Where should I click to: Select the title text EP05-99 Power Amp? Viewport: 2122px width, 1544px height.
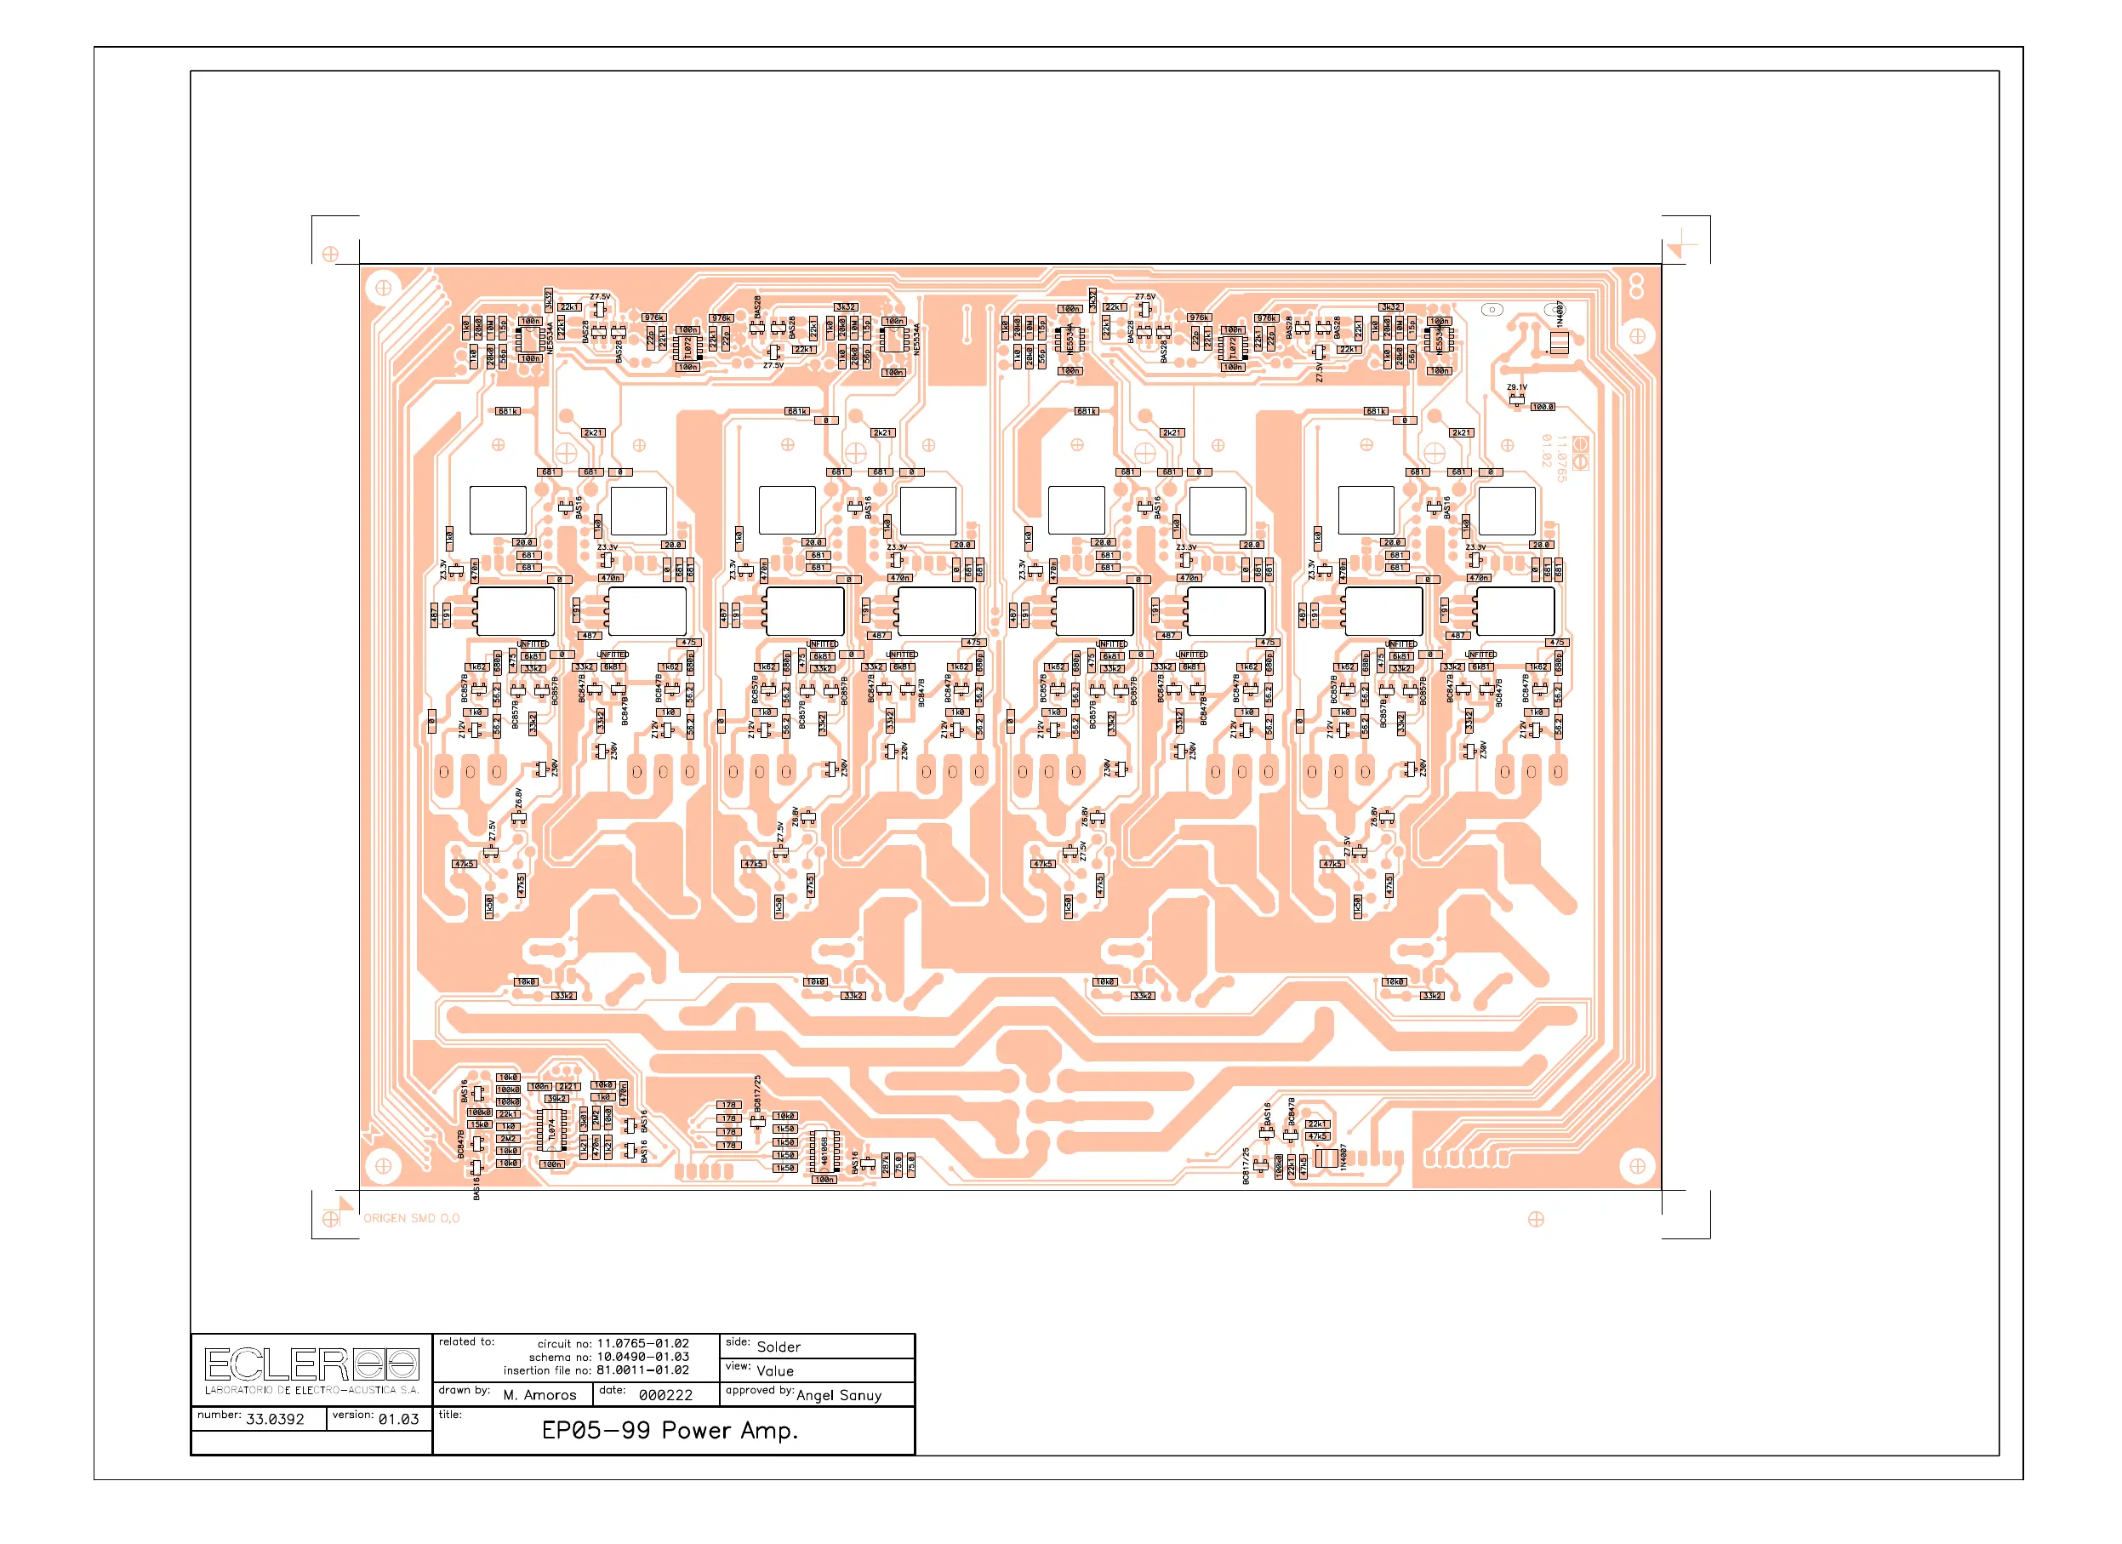[x=669, y=1430]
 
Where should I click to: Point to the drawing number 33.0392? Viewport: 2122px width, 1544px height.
[x=275, y=1419]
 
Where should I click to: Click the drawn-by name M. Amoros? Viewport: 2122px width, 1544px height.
[x=539, y=1394]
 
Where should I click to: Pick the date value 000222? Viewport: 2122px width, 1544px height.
[x=665, y=1394]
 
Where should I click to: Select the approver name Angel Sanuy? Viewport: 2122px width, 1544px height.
[x=838, y=1394]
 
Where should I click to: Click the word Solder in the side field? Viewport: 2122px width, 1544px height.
[x=779, y=1347]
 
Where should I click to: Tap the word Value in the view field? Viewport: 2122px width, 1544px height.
[x=775, y=1371]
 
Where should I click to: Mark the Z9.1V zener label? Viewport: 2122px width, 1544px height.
[x=1517, y=387]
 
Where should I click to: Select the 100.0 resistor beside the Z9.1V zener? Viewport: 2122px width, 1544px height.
[x=1543, y=407]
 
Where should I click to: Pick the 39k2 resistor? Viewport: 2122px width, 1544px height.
[x=556, y=1100]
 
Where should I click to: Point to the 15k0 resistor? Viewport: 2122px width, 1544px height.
[x=479, y=1124]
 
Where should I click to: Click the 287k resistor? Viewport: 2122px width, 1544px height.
[x=885, y=1165]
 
